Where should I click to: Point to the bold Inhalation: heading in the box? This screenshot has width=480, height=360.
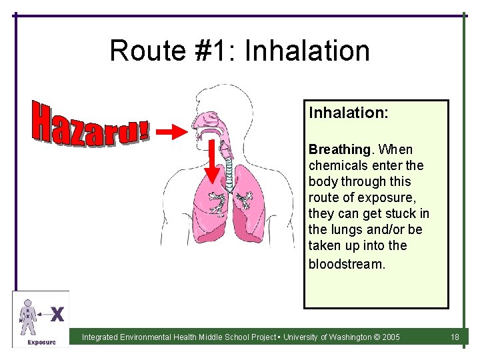pyautogui.click(x=348, y=113)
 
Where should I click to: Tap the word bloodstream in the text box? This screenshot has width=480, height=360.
pyautogui.click(x=346, y=263)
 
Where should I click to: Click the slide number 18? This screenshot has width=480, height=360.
pyautogui.click(x=455, y=337)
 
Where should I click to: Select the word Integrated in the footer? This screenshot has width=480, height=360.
pyautogui.click(x=100, y=337)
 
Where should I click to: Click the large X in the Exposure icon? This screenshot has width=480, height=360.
pyautogui.click(x=57, y=313)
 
